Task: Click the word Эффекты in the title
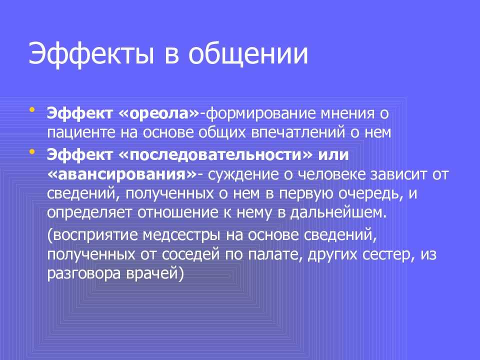tap(91, 54)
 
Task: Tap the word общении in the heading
tap(248, 54)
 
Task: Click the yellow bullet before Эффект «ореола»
tap(32, 109)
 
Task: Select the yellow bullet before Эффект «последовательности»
tap(32, 151)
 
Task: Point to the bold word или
tap(333, 155)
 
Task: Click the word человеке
tap(332, 174)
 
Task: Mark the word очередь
tap(370, 194)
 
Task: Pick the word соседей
tap(191, 254)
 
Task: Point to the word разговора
tap(84, 274)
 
